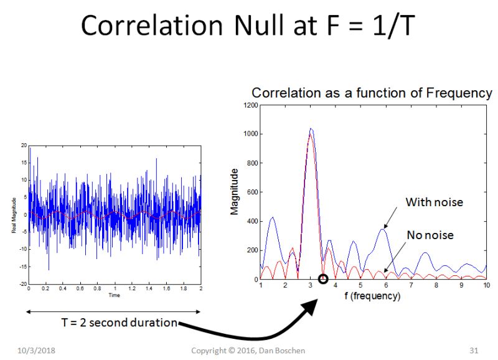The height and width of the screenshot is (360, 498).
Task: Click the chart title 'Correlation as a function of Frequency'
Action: click(x=372, y=93)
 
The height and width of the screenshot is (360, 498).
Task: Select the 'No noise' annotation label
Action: click(x=430, y=235)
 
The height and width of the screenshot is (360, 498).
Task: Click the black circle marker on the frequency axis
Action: click(x=323, y=279)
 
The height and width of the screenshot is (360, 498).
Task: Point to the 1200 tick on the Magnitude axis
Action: click(x=251, y=105)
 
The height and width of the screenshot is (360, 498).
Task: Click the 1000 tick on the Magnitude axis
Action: click(x=251, y=134)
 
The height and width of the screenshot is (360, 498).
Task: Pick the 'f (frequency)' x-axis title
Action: click(x=372, y=296)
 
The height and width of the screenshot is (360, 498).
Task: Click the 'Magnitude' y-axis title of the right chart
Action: click(x=235, y=191)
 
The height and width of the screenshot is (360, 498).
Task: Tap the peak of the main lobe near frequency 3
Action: click(x=311, y=130)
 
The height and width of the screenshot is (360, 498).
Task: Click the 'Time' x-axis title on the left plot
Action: click(x=114, y=295)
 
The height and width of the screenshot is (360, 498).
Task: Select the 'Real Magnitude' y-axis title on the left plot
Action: click(x=14, y=215)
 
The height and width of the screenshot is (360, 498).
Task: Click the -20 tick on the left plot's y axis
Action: click(x=23, y=284)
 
